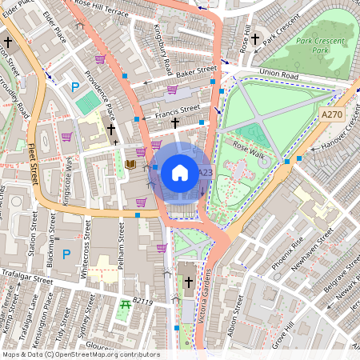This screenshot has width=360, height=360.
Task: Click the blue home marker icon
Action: tap(180, 172)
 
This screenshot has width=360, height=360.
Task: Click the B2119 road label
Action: tap(142, 302)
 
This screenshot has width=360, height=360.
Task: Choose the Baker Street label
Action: tap(196, 72)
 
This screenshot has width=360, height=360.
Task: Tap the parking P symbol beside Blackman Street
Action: tap(66, 254)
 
